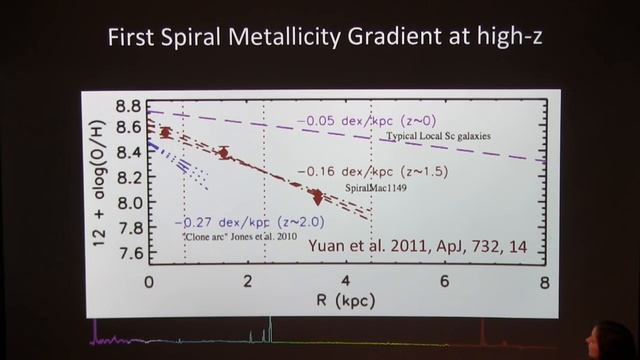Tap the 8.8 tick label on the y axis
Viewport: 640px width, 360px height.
click(x=126, y=106)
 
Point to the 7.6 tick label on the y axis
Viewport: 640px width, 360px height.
click(x=126, y=252)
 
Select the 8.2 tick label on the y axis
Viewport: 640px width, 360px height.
click(x=126, y=179)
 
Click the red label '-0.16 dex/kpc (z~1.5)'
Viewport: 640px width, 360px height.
click(x=368, y=171)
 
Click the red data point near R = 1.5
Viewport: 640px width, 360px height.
click(x=224, y=153)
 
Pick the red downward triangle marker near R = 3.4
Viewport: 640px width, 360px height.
click(x=318, y=197)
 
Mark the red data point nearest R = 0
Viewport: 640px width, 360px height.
click(x=167, y=132)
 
